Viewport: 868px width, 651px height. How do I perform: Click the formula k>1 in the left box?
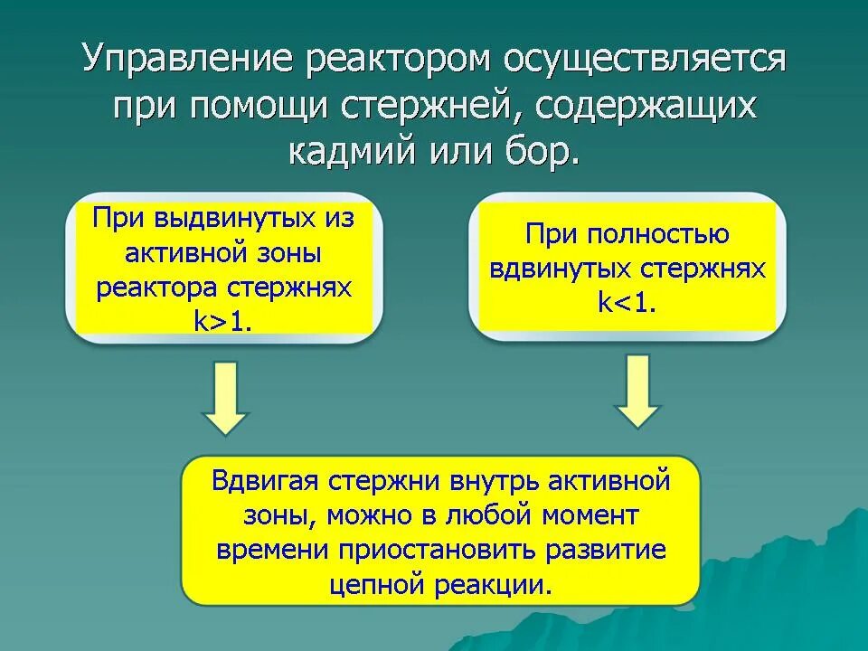[222, 323]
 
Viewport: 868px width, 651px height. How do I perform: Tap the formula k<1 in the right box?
[627, 302]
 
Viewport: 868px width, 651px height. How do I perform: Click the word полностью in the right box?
[658, 235]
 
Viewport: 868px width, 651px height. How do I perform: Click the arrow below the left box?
[224, 397]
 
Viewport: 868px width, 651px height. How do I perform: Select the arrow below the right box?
[638, 391]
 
